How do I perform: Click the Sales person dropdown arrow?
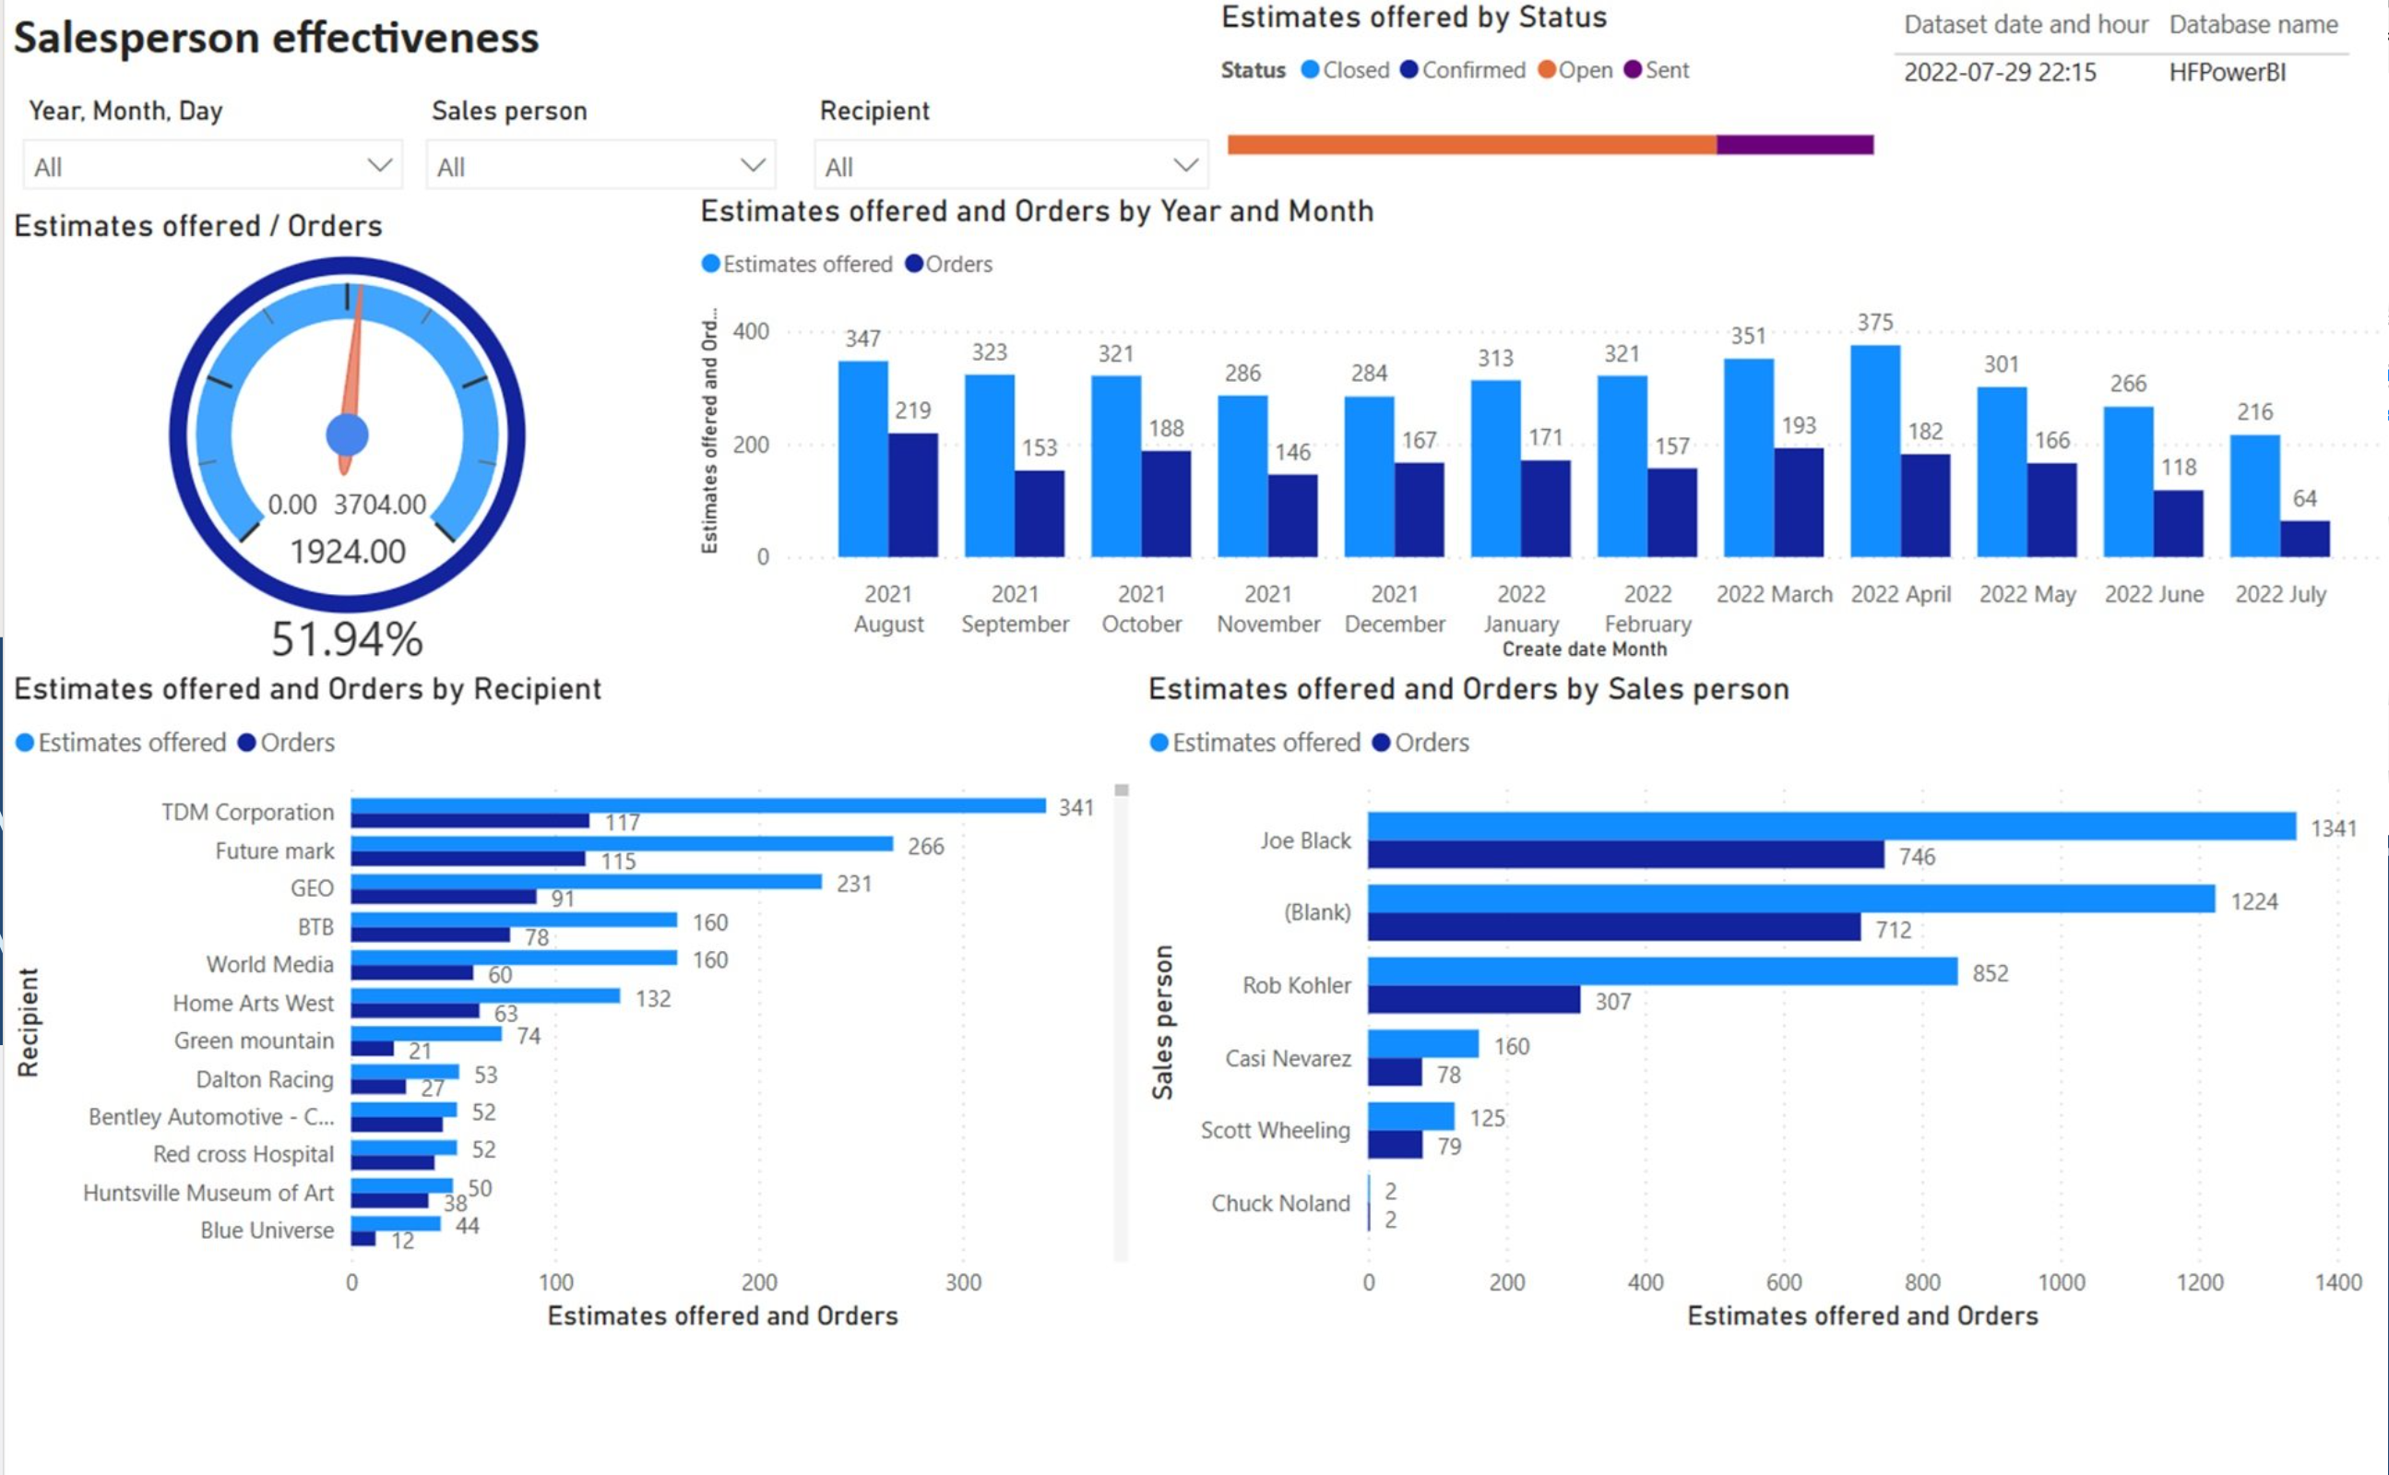coord(752,165)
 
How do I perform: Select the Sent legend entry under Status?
coord(1658,70)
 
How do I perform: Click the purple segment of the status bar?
coord(1795,145)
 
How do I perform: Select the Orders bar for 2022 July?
coord(2305,539)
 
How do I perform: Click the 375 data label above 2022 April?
coord(1875,323)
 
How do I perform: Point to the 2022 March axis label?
coord(1775,594)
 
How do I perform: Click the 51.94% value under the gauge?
coord(347,639)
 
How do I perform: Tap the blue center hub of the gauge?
coord(347,435)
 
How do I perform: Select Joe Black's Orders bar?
coord(1625,855)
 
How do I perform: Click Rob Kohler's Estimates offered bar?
coord(1662,970)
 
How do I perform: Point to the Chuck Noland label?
coord(1280,1204)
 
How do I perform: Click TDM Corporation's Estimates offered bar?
coord(697,806)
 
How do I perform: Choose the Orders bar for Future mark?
coord(469,860)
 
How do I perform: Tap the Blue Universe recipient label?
coord(267,1231)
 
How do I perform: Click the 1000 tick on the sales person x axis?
coord(2061,1282)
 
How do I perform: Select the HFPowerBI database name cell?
coord(2227,73)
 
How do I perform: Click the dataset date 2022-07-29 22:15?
coord(2000,73)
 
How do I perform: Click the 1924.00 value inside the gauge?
coord(347,553)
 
